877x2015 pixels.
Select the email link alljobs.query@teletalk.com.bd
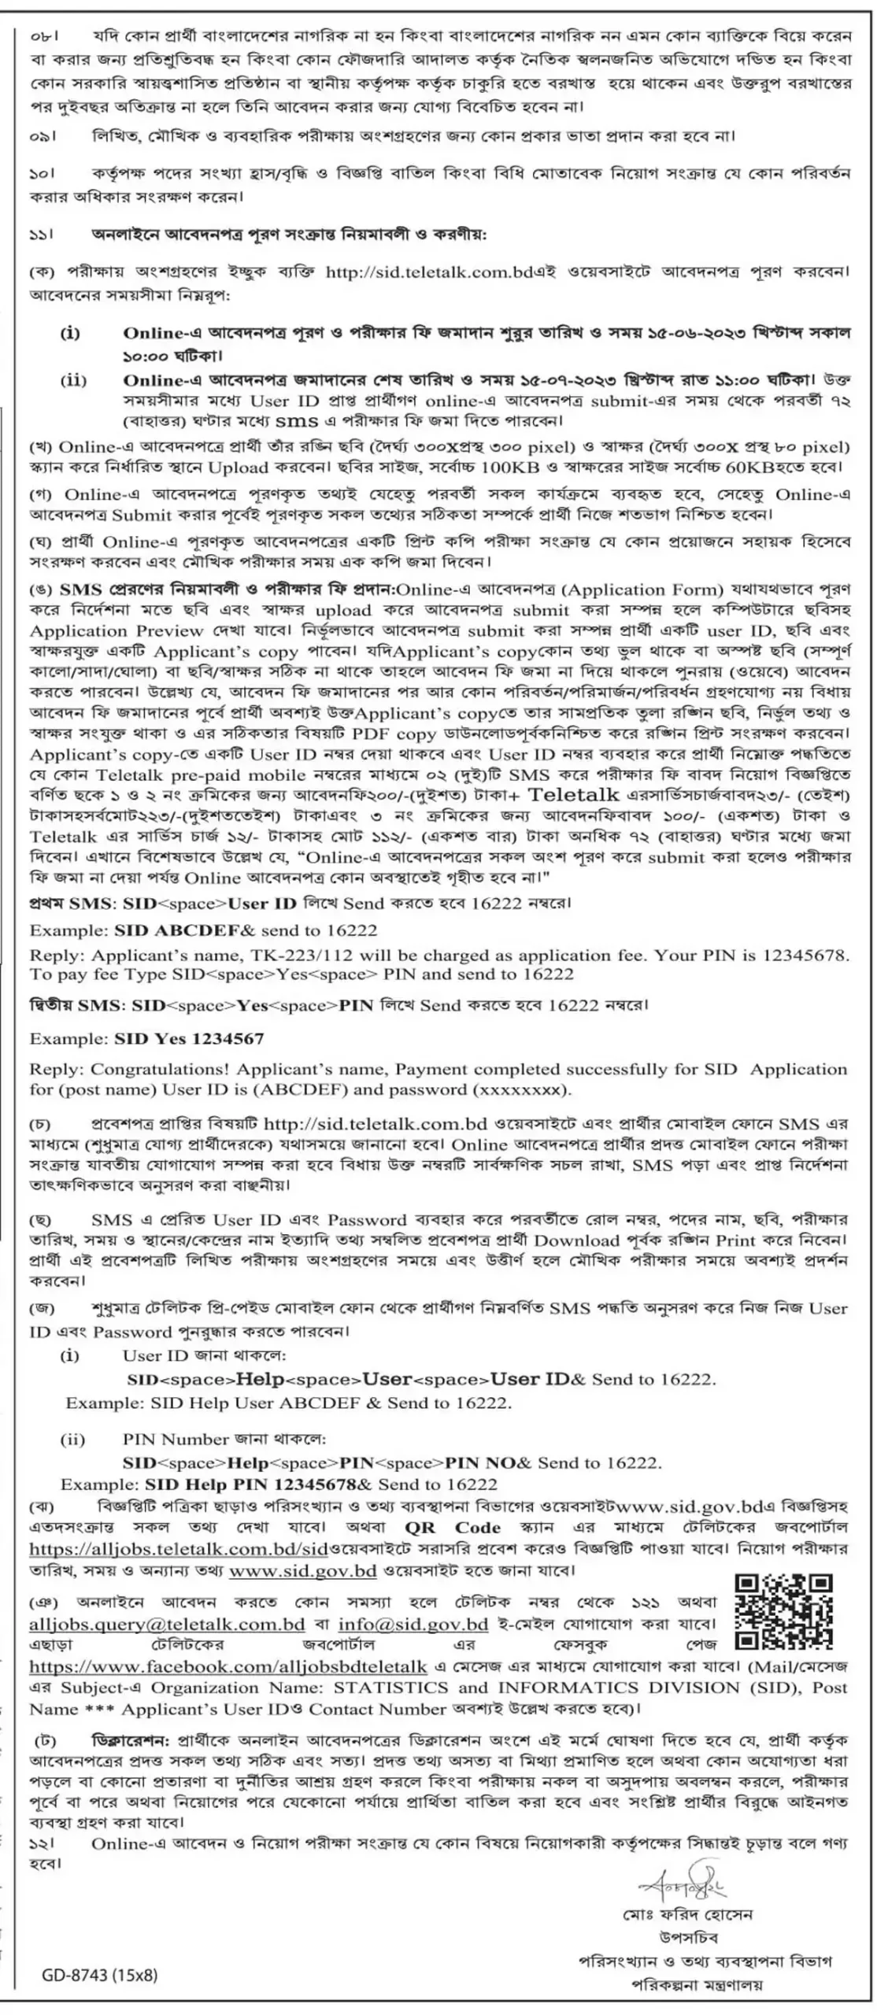(167, 1624)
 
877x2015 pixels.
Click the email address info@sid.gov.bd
(413, 1624)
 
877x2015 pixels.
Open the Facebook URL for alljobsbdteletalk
(228, 1666)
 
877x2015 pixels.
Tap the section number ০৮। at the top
(45, 37)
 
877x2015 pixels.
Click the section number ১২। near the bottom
(44, 1843)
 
